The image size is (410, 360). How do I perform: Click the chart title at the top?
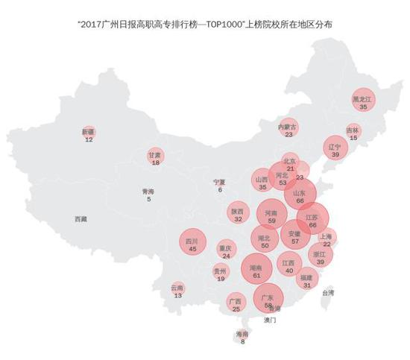(205, 25)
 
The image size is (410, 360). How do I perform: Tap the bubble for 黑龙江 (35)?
(363, 102)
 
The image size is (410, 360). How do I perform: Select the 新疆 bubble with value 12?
(89, 134)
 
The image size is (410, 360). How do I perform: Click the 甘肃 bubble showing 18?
(155, 157)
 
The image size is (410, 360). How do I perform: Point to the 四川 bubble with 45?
(192, 244)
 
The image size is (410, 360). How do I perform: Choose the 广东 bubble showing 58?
(268, 300)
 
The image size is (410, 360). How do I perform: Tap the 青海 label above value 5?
(148, 192)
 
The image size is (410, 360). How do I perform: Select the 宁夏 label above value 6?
(219, 182)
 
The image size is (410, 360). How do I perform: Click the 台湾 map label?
(328, 293)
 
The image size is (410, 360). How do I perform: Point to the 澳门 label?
(270, 320)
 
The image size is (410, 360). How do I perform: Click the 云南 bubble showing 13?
(177, 290)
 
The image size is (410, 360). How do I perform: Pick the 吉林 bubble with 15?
(353, 132)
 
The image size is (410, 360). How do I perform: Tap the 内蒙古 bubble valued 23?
(288, 129)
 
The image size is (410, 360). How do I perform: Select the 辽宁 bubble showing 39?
(335, 148)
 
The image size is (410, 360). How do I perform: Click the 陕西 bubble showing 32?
(238, 215)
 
